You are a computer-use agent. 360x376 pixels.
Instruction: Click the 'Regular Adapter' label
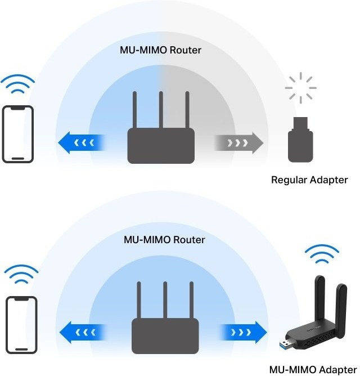[309, 180]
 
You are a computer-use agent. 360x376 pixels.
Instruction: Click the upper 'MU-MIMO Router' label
[161, 50]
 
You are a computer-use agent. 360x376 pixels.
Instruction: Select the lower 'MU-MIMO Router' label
[164, 240]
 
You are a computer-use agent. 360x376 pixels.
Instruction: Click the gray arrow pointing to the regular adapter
[238, 143]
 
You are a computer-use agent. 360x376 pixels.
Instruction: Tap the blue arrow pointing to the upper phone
[82, 143]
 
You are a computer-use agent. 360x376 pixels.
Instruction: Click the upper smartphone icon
[18, 134]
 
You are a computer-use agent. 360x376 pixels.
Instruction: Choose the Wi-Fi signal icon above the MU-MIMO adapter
[322, 255]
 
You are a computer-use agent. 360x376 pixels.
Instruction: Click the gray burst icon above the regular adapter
[300, 88]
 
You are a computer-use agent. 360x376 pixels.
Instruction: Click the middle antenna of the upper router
[161, 110]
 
